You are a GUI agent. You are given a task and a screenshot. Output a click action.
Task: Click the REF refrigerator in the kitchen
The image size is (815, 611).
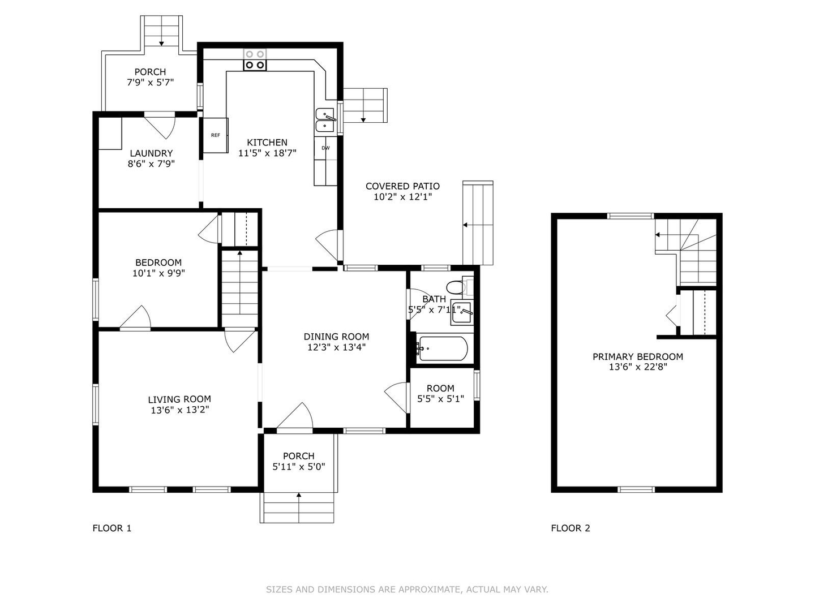216,135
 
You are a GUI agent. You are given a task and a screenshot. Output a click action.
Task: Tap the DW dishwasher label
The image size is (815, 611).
325,148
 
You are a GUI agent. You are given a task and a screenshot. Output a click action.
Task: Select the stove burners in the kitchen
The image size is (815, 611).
255,60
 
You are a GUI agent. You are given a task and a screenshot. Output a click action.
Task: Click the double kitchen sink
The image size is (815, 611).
325,120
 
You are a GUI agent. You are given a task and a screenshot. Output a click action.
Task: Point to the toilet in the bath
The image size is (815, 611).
456,287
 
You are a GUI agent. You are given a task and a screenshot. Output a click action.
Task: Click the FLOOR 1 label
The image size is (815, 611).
111,528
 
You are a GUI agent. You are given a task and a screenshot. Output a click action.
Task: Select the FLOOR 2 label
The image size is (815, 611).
570,528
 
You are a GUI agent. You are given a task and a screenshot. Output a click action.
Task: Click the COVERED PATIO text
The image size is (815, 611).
402,186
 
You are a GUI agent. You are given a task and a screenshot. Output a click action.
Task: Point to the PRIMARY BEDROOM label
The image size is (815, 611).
637,356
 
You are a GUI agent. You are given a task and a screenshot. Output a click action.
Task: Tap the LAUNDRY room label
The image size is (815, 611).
151,153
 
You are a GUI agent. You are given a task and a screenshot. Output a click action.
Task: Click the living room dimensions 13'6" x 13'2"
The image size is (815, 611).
180,410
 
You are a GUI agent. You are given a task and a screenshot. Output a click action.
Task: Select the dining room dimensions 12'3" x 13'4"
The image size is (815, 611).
336,347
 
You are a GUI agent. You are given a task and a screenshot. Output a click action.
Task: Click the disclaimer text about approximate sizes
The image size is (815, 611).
407,589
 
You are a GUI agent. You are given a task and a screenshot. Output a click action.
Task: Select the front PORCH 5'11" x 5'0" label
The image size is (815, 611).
298,461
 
